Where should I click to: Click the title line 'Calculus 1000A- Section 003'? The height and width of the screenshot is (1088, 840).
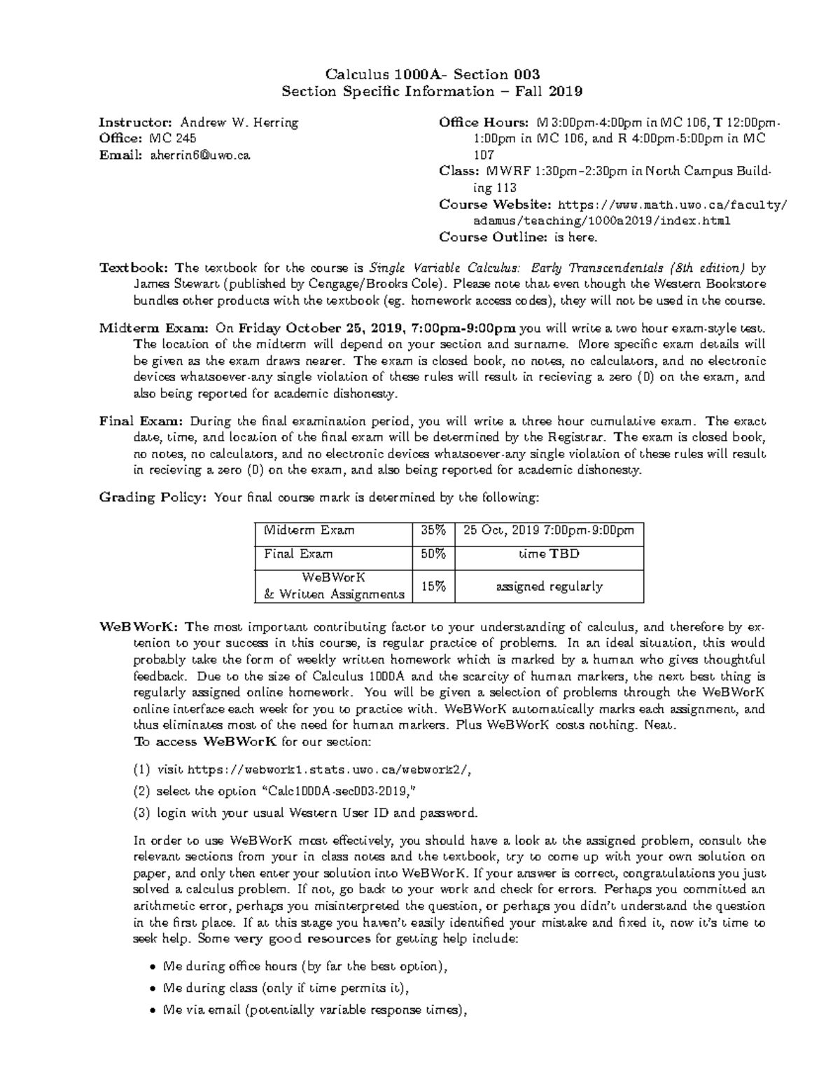click(x=432, y=74)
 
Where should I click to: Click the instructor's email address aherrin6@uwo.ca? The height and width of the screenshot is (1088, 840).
click(x=199, y=155)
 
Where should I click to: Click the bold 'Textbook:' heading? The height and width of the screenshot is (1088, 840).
click(x=134, y=268)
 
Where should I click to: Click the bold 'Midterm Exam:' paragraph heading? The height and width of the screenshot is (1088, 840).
click(x=153, y=328)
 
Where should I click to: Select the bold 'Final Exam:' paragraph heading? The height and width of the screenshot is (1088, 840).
click(x=141, y=422)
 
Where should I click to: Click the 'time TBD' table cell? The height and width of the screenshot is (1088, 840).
click(x=549, y=553)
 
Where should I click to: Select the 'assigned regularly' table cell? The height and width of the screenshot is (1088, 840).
click(x=549, y=586)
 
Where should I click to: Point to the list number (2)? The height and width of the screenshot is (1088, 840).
click(x=141, y=791)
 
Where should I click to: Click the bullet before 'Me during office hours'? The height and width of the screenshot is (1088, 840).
click(x=153, y=967)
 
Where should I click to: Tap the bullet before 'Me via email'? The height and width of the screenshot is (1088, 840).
click(x=153, y=1010)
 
